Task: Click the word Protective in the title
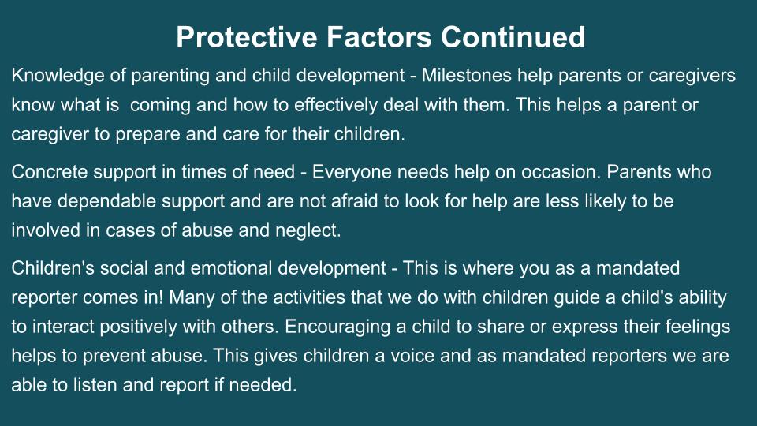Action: (x=247, y=37)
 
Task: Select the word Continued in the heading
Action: (x=513, y=37)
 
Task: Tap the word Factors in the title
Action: (x=379, y=37)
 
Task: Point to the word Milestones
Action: (x=466, y=76)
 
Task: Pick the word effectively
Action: (x=336, y=105)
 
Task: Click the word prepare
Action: (x=147, y=135)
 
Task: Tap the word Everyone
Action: (x=352, y=173)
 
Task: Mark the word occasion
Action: (x=561, y=173)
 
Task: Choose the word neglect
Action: (x=308, y=231)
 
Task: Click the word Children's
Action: (x=53, y=268)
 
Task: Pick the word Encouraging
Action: (x=337, y=327)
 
